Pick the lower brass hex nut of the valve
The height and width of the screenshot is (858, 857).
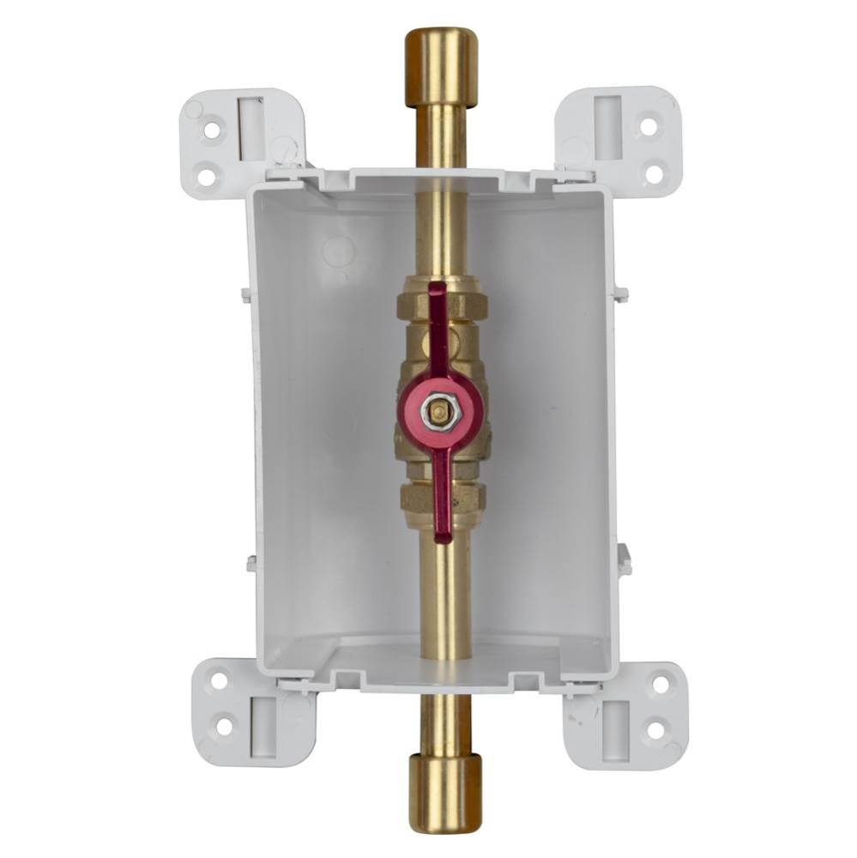click(x=443, y=496)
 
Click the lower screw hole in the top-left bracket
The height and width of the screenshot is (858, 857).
click(x=207, y=177)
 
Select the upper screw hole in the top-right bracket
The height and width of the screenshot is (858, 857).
click(x=649, y=126)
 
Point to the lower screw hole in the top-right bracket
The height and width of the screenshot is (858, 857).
click(x=654, y=174)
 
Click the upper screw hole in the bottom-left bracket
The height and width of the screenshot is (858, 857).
click(x=220, y=680)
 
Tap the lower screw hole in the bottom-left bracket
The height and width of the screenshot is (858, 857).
click(x=224, y=726)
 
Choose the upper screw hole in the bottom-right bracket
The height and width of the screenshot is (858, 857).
click(x=661, y=683)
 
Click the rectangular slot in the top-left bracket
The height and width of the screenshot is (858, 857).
click(x=251, y=128)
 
